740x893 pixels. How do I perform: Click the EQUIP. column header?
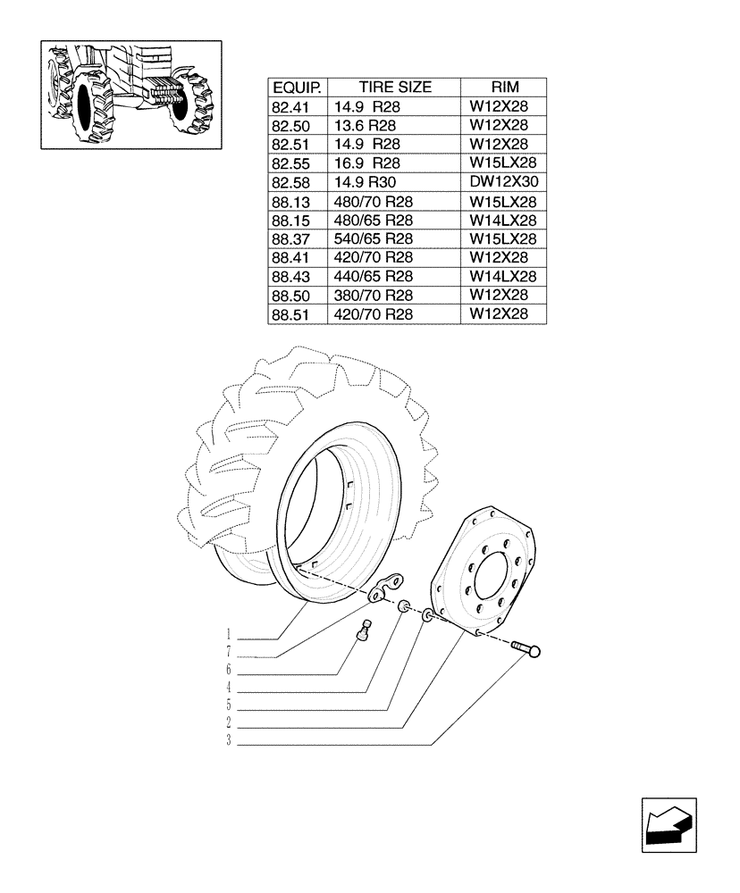(x=297, y=88)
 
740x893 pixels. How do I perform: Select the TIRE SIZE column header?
(x=394, y=88)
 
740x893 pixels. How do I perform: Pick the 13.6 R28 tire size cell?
(x=366, y=126)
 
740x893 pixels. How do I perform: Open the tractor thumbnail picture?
(x=130, y=94)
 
